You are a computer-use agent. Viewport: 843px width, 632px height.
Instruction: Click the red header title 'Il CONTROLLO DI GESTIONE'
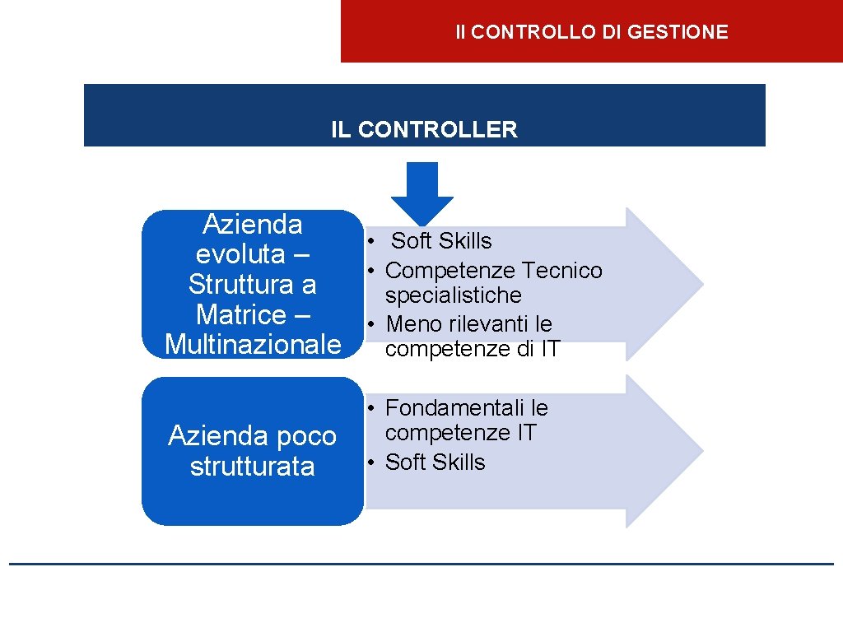592,32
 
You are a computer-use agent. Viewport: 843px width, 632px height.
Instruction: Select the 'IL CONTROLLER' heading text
424,129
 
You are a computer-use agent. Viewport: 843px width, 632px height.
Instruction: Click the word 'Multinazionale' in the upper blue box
253,344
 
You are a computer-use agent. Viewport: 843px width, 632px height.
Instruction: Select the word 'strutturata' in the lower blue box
252,466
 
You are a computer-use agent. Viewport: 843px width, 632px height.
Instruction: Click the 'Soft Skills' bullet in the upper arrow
441,241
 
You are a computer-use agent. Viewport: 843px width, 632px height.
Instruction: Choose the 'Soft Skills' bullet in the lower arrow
435,462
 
